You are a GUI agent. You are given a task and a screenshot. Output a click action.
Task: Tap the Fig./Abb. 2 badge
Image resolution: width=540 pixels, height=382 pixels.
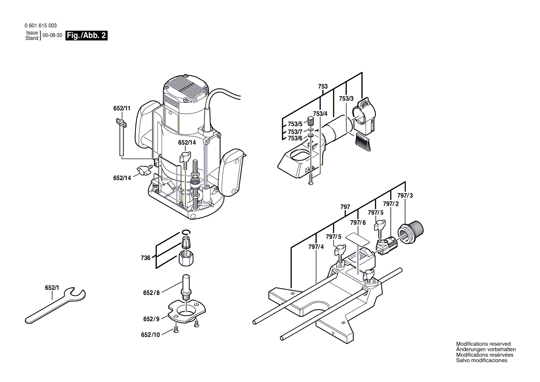[x=87, y=36]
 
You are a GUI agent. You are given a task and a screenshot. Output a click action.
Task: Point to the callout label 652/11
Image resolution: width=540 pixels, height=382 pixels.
[x=122, y=109]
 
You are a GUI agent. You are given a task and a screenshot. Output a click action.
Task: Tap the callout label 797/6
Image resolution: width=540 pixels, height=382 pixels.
[x=357, y=223]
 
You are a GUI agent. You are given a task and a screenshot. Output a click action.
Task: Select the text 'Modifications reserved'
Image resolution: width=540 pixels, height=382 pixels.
[x=483, y=344]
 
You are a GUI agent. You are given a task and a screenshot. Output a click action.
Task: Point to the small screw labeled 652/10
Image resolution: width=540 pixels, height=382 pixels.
[x=176, y=329]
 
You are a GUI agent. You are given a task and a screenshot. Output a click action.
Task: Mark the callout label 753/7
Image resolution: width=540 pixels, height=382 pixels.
[x=295, y=131]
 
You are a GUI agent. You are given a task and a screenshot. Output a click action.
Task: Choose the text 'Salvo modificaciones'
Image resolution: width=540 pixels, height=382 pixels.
[x=481, y=361]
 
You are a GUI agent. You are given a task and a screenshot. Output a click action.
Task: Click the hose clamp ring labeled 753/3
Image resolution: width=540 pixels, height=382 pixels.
[x=364, y=113]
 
